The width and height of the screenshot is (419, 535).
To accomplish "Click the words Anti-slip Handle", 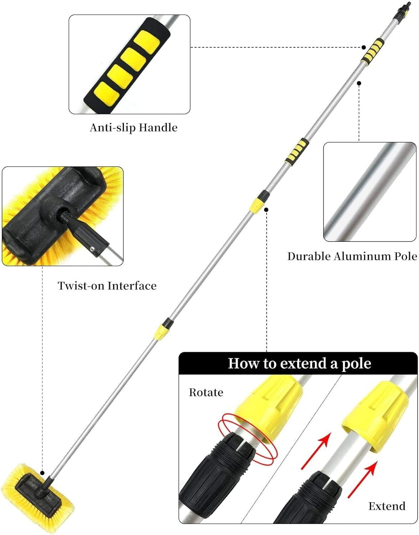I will pyautogui.click(x=133, y=127).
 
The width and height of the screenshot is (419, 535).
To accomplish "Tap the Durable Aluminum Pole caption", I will pyautogui.click(x=352, y=256).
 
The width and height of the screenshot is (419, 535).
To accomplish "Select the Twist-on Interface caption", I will pyautogui.click(x=107, y=285).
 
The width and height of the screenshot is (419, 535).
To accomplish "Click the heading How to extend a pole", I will pyautogui.click(x=299, y=363).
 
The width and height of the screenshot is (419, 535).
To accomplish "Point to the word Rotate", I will pyautogui.click(x=206, y=392).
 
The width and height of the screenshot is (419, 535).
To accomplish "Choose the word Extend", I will pyautogui.click(x=387, y=506).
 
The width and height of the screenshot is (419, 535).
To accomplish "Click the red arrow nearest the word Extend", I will pyautogui.click(x=362, y=480).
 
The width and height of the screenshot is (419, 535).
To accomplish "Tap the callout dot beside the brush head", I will pyautogui.click(x=42, y=473).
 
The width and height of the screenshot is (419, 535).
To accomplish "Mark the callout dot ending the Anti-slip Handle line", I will pyautogui.click(x=364, y=47).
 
